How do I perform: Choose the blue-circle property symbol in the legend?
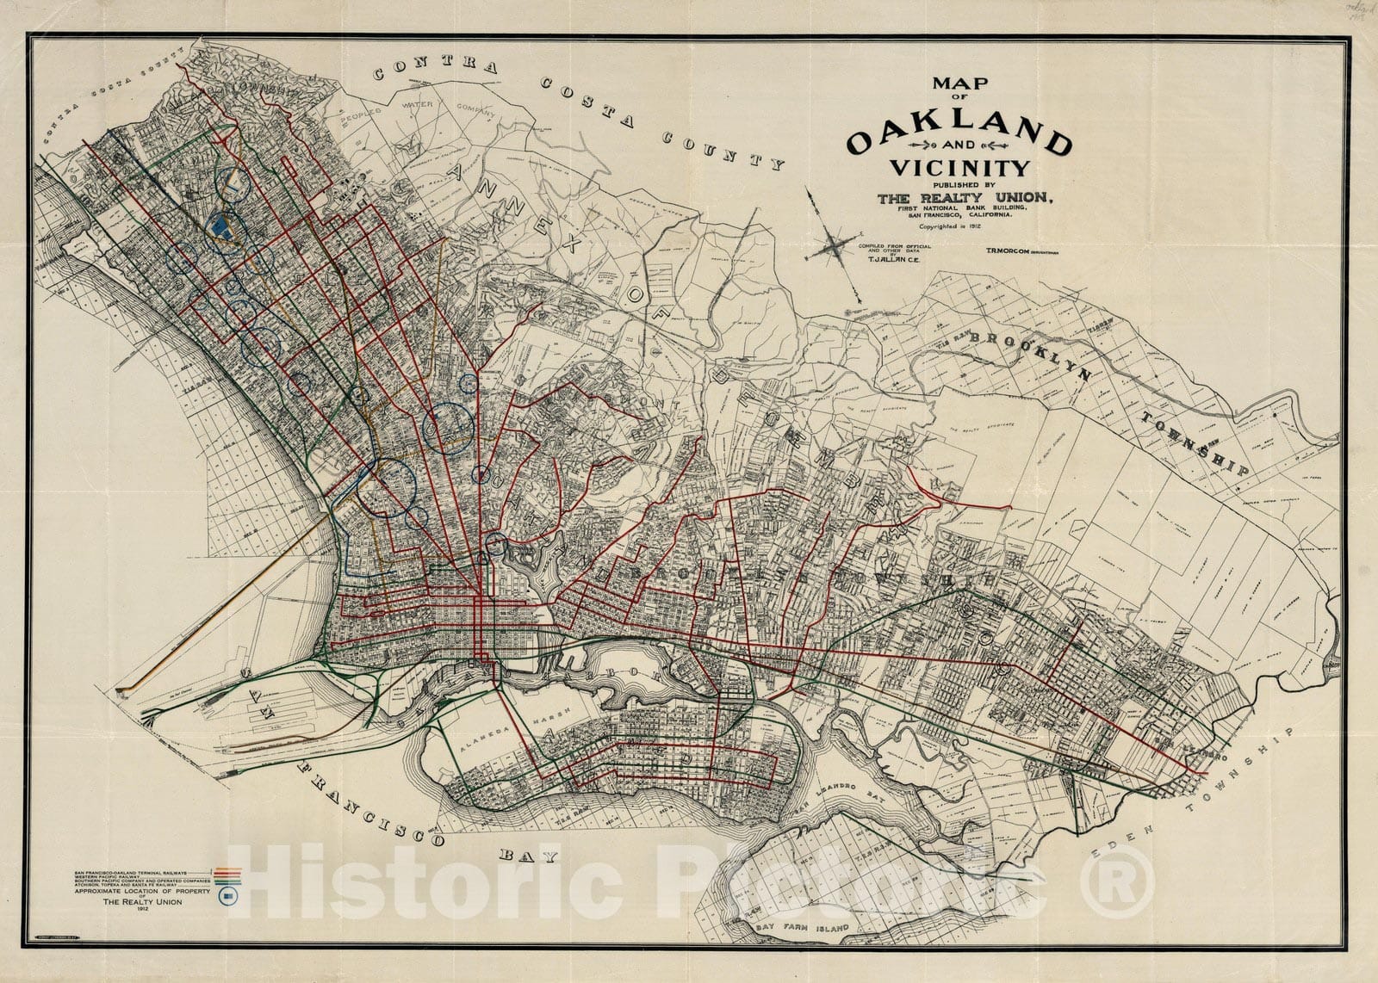click(227, 897)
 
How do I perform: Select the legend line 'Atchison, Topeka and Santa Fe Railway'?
click(121, 885)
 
